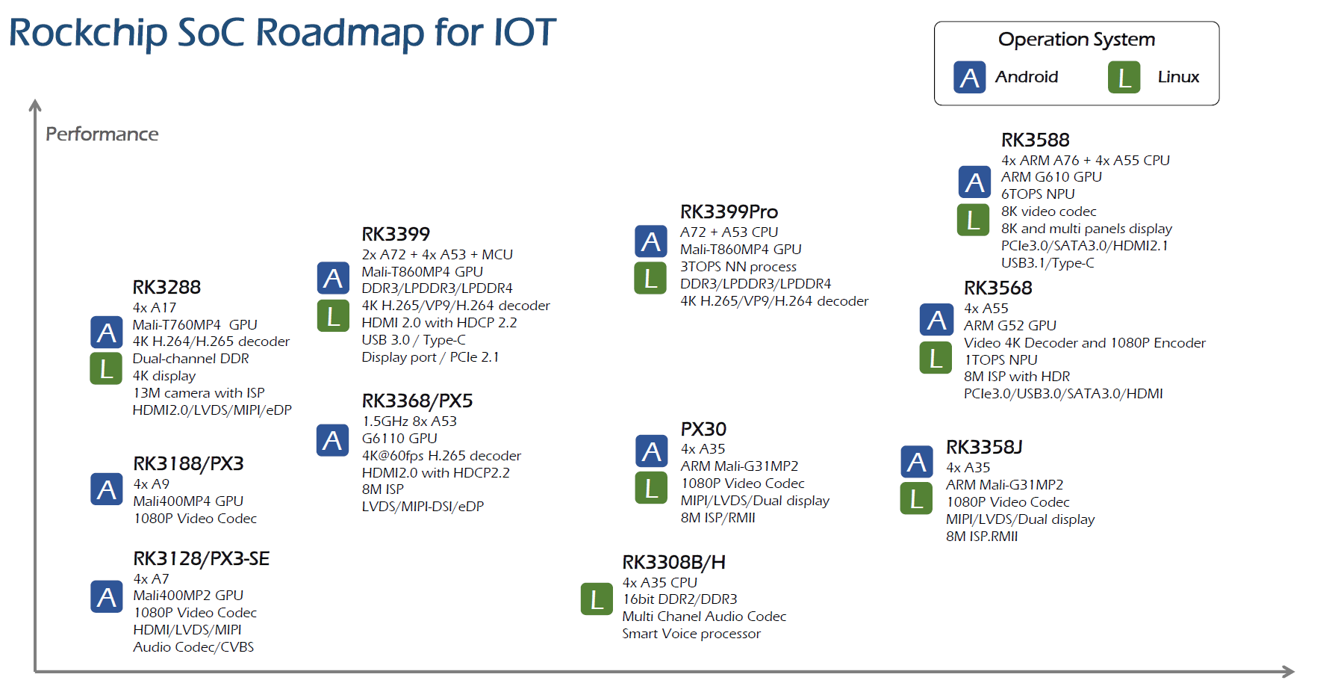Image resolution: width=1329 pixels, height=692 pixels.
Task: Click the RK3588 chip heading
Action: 1035,140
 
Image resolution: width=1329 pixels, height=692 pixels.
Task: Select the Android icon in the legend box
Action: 969,77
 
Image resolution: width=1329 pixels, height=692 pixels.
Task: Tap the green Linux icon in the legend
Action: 1124,77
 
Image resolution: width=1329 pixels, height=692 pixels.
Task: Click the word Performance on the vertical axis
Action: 102,134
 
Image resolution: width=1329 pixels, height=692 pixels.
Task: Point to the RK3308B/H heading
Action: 673,562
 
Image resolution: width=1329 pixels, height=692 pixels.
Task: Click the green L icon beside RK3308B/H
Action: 597,599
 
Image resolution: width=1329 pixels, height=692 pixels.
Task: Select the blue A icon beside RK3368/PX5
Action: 332,440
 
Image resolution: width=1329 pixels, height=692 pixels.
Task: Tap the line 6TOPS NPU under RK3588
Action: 1038,194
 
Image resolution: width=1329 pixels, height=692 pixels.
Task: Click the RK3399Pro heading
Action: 729,211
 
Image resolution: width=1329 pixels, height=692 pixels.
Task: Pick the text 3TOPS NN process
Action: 738,267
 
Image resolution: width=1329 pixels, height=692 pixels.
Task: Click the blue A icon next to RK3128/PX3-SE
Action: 107,596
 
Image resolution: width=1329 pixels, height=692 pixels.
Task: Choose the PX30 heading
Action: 703,429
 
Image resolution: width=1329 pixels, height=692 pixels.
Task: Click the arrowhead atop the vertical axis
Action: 35,105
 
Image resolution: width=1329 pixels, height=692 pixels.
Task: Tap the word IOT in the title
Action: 524,33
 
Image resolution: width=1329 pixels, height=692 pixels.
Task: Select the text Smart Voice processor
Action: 691,634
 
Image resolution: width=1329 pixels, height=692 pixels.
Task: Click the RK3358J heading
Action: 984,447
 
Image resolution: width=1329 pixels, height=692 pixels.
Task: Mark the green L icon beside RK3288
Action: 106,368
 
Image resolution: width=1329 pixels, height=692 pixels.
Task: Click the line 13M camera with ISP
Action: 199,393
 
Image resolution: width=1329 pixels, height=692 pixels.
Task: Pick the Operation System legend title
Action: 1076,40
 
